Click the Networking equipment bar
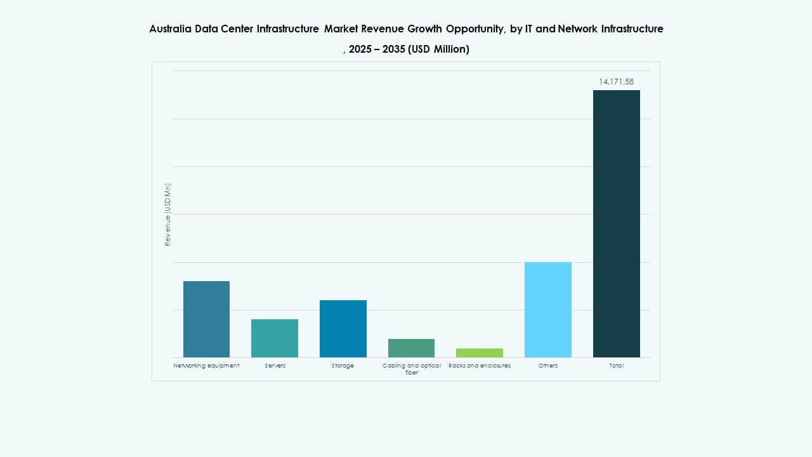point(206,319)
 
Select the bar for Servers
point(275,338)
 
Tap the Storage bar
point(343,329)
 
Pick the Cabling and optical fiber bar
point(411,348)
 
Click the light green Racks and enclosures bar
point(480,353)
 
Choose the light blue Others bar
point(548,310)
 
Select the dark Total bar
point(617,223)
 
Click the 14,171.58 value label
point(616,82)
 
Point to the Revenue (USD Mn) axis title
point(168,215)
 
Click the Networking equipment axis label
point(206,366)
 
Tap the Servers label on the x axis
point(275,366)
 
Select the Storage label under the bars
point(343,366)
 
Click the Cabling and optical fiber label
point(411,369)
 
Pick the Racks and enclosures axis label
point(480,366)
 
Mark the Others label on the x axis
point(548,366)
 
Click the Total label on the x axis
point(617,366)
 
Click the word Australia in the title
point(169,29)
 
